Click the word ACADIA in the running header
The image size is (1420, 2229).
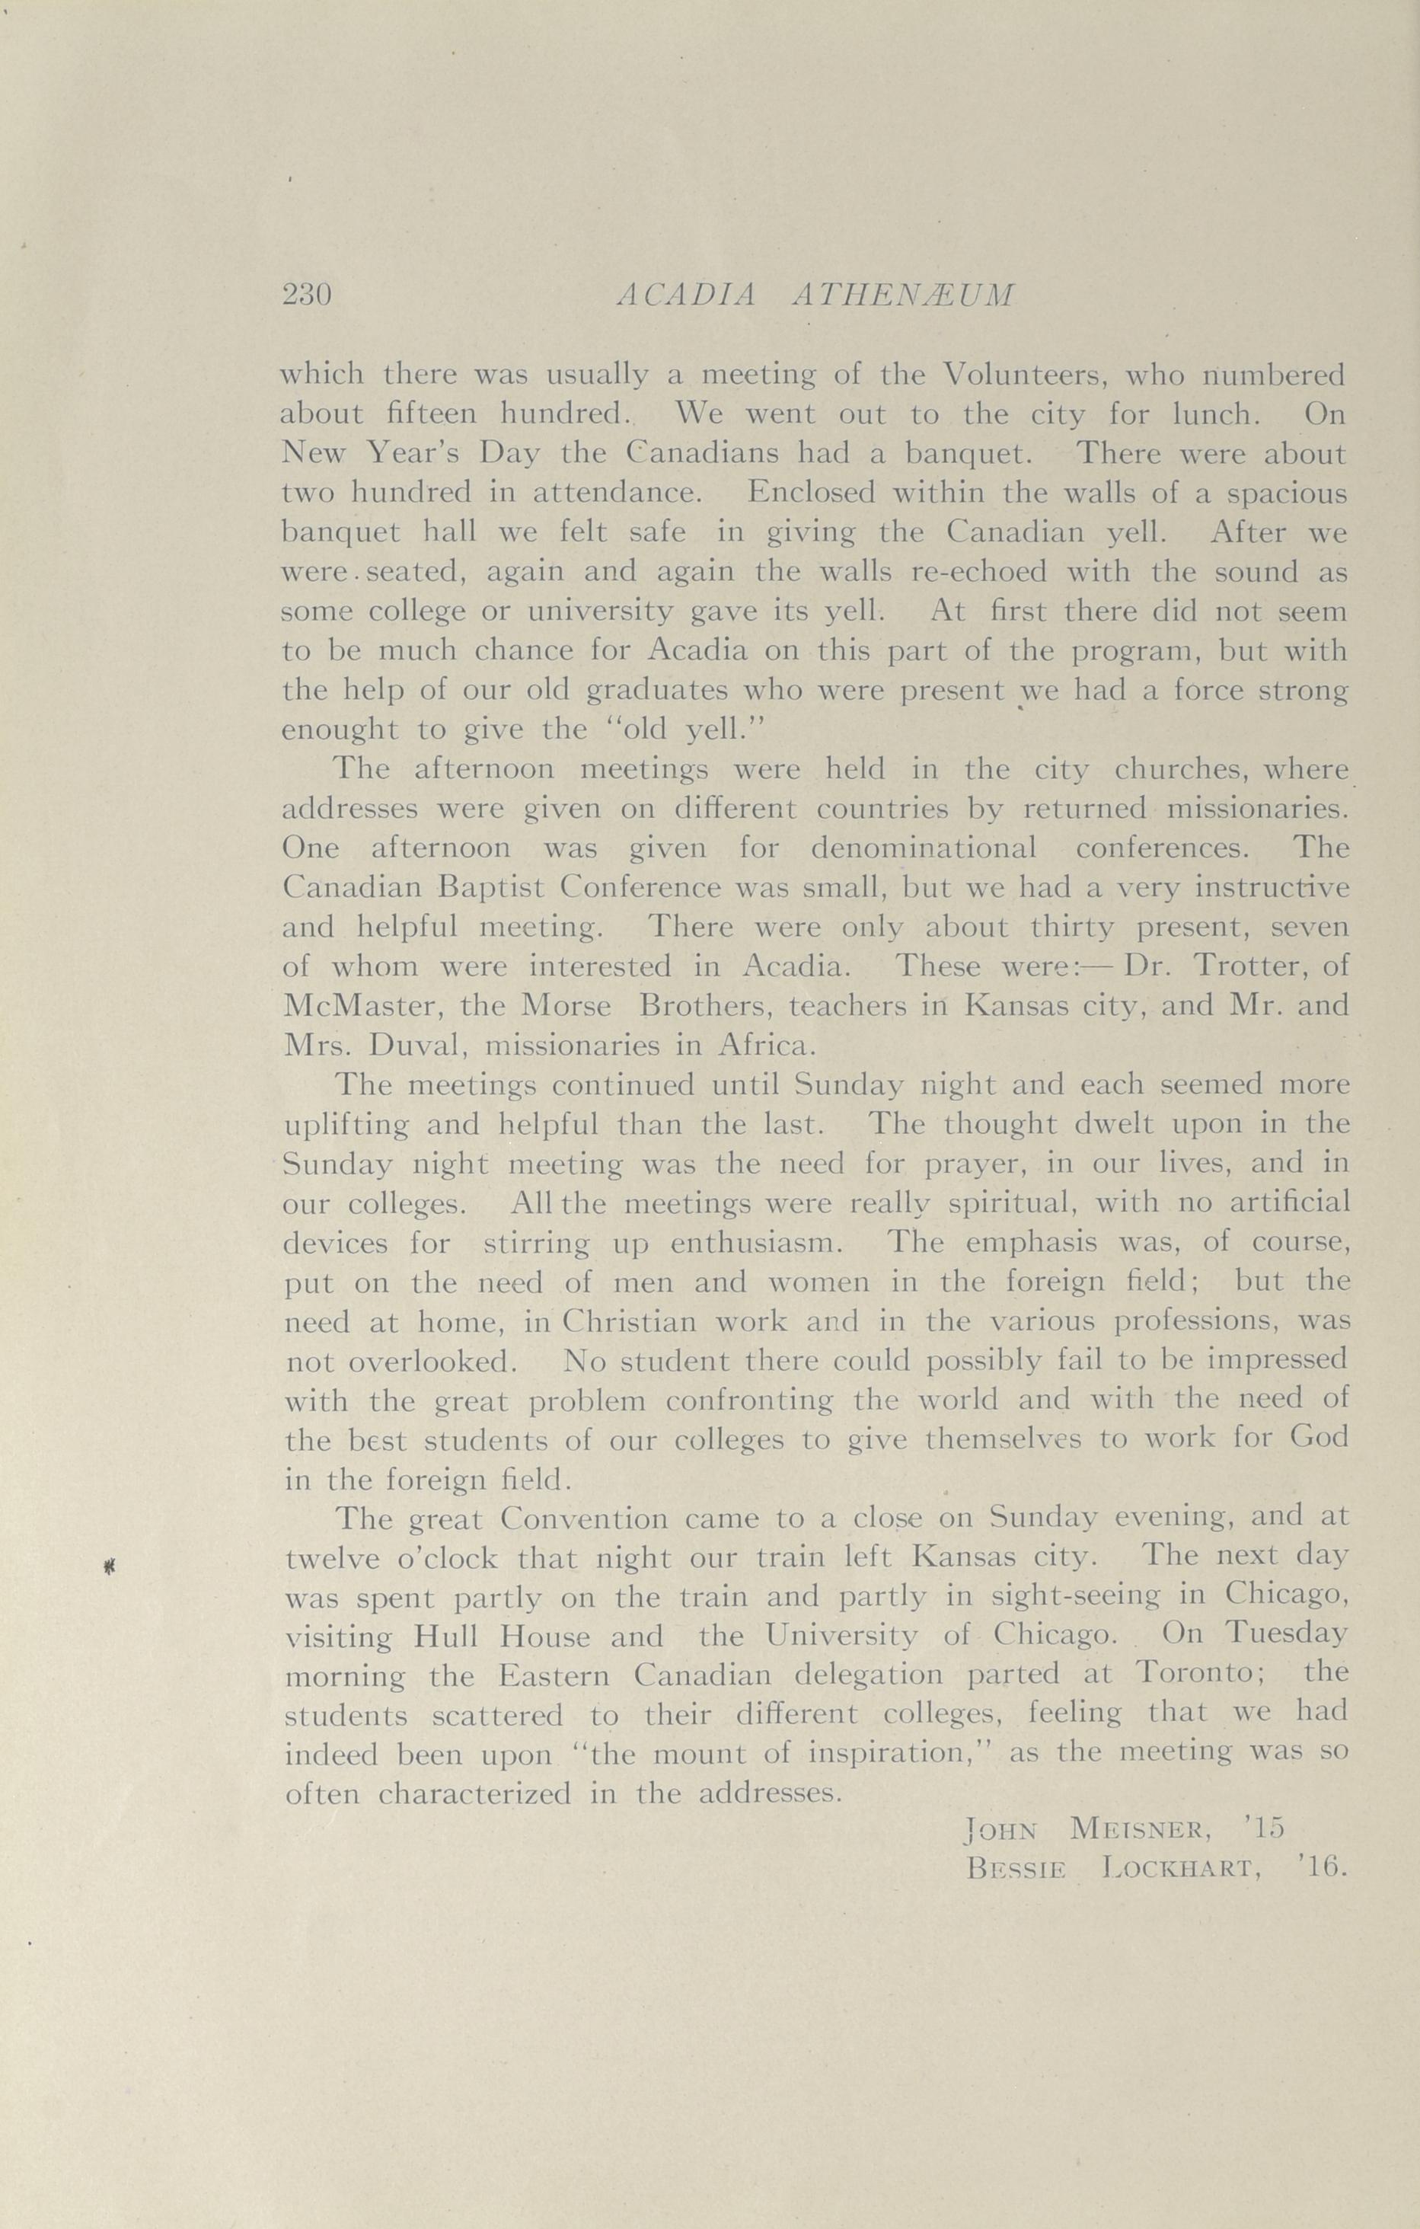coord(685,295)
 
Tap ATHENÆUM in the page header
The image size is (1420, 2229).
coord(905,295)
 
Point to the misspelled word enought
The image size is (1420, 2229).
coord(340,730)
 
